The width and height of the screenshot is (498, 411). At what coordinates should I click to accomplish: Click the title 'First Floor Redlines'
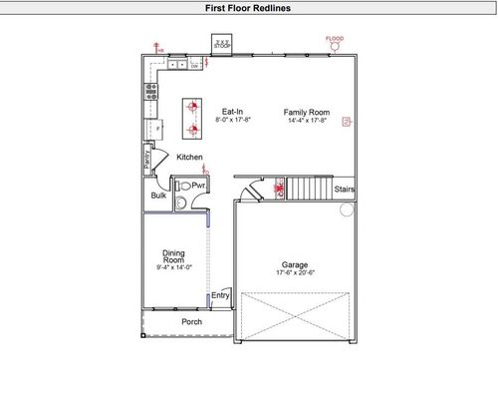pyautogui.click(x=249, y=7)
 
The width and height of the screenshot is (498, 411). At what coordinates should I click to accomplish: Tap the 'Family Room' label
pyautogui.click(x=306, y=112)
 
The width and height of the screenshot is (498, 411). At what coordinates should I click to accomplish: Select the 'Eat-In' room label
pyautogui.click(x=234, y=112)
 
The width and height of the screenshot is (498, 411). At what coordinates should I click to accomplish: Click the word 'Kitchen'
pyautogui.click(x=190, y=158)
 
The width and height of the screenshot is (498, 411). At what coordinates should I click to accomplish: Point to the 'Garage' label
pyautogui.click(x=294, y=264)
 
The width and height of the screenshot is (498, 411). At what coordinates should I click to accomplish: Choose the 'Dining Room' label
pyautogui.click(x=173, y=255)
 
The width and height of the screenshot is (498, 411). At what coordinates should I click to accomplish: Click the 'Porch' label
pyautogui.click(x=191, y=322)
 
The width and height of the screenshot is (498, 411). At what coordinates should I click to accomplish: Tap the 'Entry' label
pyautogui.click(x=220, y=294)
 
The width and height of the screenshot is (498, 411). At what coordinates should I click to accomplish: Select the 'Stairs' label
pyautogui.click(x=345, y=188)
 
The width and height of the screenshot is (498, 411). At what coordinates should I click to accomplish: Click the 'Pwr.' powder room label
pyautogui.click(x=198, y=186)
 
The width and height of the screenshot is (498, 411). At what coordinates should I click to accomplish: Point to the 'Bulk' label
pyautogui.click(x=158, y=196)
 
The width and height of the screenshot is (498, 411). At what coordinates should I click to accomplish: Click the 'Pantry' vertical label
pyautogui.click(x=146, y=157)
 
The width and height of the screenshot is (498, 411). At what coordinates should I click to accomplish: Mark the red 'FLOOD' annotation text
pyautogui.click(x=336, y=39)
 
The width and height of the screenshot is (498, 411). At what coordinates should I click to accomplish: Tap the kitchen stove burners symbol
pyautogui.click(x=151, y=90)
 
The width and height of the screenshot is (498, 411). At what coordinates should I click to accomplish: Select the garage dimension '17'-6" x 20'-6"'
pyautogui.click(x=295, y=273)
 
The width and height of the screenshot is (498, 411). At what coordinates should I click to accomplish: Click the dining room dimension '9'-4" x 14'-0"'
pyautogui.click(x=174, y=267)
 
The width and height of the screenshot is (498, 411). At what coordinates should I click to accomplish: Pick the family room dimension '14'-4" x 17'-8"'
pyautogui.click(x=307, y=121)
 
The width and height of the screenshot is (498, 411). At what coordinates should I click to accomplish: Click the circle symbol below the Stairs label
pyautogui.click(x=347, y=209)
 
